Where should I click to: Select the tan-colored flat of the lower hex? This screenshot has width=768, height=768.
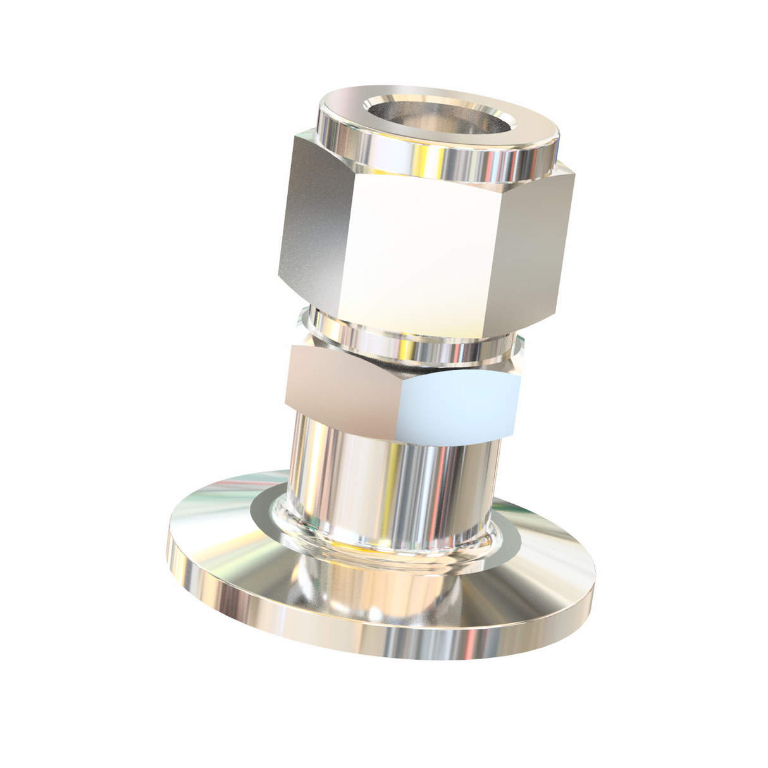click(342, 386)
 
